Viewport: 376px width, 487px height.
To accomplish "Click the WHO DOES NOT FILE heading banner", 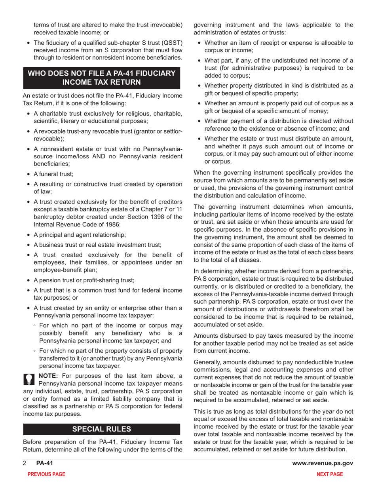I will (102, 78).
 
